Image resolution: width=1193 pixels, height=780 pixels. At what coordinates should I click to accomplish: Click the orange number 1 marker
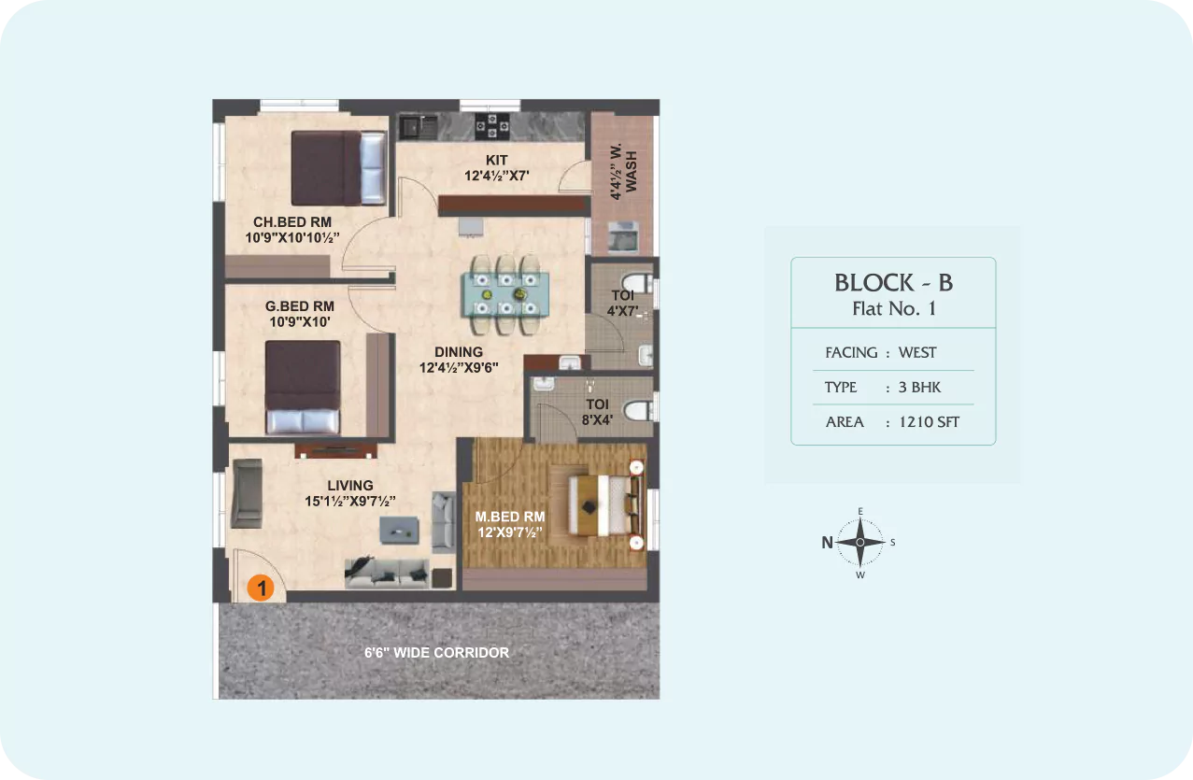pyautogui.click(x=261, y=588)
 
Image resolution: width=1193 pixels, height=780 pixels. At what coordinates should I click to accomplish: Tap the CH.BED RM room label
pyautogui.click(x=292, y=222)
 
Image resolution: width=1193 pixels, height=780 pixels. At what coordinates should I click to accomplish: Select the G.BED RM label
pyautogui.click(x=300, y=306)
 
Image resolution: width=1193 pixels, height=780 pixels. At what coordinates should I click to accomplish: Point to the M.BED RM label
pyautogui.click(x=510, y=517)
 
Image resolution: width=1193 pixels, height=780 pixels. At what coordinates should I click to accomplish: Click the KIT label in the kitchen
pyautogui.click(x=496, y=161)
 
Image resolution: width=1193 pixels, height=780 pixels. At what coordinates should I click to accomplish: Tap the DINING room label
pyautogui.click(x=459, y=352)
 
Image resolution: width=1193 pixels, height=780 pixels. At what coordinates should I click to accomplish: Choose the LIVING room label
pyautogui.click(x=350, y=486)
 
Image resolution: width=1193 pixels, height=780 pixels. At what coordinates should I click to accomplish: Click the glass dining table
pyautogui.click(x=505, y=294)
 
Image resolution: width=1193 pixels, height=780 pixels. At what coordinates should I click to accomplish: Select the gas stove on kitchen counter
pyautogui.click(x=491, y=126)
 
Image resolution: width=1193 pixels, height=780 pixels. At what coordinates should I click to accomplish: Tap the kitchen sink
pyautogui.click(x=419, y=127)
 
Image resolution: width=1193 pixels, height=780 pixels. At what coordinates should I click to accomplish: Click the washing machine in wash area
pyautogui.click(x=623, y=236)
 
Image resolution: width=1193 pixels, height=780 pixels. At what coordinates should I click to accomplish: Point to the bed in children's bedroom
pyautogui.click(x=339, y=168)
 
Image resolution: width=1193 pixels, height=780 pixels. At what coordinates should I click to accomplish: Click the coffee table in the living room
pyautogui.click(x=399, y=531)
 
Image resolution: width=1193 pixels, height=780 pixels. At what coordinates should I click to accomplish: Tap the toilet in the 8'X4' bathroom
pyautogui.click(x=639, y=410)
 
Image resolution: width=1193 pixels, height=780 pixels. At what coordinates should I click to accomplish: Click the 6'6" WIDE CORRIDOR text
pyautogui.click(x=436, y=653)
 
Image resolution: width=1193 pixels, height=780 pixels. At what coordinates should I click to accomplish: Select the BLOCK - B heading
pyautogui.click(x=893, y=283)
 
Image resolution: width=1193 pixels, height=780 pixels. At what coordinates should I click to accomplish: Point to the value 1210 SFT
pyautogui.click(x=929, y=422)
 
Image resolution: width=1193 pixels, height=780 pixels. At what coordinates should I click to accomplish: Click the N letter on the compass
pyautogui.click(x=827, y=543)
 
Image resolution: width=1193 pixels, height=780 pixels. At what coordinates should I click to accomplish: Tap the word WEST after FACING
pyautogui.click(x=917, y=352)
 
